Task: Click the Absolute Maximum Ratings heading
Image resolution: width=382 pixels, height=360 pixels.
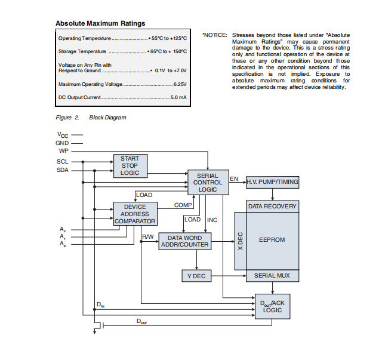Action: tap(100, 23)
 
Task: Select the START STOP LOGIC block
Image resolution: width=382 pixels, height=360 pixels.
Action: tap(130, 166)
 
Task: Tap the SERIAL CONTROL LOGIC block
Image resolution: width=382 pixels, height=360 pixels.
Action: tap(208, 182)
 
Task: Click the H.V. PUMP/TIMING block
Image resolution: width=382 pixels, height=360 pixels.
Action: tap(273, 181)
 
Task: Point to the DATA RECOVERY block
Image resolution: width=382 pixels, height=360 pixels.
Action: tap(273, 206)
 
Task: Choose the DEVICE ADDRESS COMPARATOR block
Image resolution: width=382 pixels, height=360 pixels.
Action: tap(135, 214)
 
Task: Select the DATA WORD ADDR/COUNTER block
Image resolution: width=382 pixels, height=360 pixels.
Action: tap(188, 241)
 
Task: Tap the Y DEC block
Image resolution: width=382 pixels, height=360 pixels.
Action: tap(197, 276)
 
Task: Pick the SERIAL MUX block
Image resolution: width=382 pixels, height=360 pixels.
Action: tap(273, 276)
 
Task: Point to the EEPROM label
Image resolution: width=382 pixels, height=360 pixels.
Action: tap(272, 239)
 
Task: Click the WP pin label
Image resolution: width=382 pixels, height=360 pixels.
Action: tap(63, 151)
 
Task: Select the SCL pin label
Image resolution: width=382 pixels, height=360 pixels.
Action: tap(63, 162)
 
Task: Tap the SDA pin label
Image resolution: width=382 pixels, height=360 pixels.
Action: tap(63, 171)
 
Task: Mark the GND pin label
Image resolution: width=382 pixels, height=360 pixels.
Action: tap(63, 143)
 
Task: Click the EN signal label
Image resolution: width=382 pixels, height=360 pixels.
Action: tap(234, 179)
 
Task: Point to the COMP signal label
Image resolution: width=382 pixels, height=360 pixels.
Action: tap(183, 205)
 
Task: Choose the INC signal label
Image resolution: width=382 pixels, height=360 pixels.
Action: tap(212, 220)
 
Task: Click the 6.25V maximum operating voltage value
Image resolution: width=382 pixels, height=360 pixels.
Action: tap(180, 84)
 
